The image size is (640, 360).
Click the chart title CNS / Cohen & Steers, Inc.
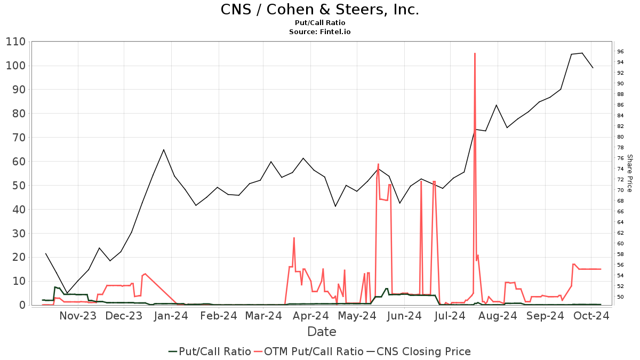click(x=319, y=10)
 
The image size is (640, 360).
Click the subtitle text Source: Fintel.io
click(x=319, y=32)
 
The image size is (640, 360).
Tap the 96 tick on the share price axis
click(x=620, y=52)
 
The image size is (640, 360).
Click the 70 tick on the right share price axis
click(x=620, y=190)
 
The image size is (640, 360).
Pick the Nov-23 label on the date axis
click(x=78, y=316)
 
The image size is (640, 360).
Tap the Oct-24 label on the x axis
click(x=591, y=316)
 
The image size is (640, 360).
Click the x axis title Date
click(x=322, y=332)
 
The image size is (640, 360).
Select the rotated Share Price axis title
click(x=629, y=173)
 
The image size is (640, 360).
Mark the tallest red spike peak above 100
click(x=475, y=53)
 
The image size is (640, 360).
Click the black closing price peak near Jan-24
click(x=164, y=150)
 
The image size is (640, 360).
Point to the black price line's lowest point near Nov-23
click(x=67, y=293)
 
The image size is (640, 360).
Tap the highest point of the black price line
click(x=582, y=53)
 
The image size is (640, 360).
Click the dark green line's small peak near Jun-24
click(x=386, y=289)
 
